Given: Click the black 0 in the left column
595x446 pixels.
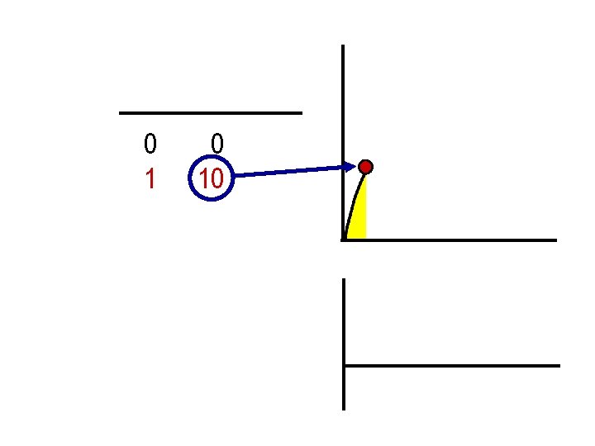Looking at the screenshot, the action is click(x=150, y=145).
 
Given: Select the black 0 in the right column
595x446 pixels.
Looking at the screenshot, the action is click(x=217, y=145).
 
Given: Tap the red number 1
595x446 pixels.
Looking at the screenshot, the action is click(x=150, y=179).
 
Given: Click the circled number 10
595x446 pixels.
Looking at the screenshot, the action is click(x=212, y=178).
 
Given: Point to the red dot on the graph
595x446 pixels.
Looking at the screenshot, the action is click(x=366, y=167).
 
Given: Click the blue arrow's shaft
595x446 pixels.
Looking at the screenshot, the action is click(x=289, y=172).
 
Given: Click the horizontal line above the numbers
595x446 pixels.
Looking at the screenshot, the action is click(x=211, y=112).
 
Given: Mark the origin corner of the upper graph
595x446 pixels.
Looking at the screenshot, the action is click(x=343, y=240).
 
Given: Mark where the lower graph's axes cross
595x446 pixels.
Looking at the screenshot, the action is click(x=344, y=365).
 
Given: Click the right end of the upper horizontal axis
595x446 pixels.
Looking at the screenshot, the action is click(x=556, y=240).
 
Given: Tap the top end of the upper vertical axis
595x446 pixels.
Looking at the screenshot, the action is click(x=343, y=46).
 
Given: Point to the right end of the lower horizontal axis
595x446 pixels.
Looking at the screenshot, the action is click(x=559, y=365).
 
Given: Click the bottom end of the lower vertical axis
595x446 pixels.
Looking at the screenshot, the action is click(x=344, y=408).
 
